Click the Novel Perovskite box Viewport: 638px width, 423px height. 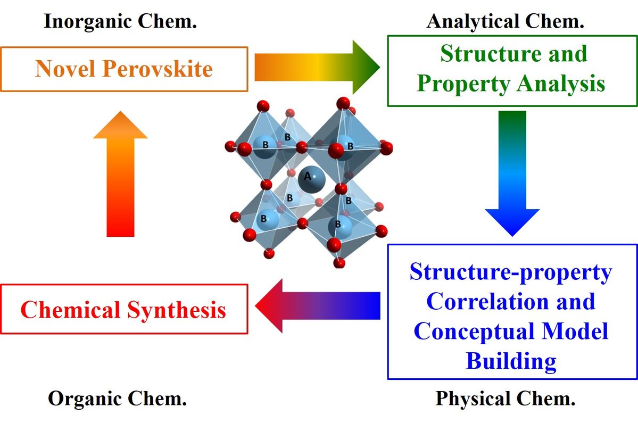[124, 69]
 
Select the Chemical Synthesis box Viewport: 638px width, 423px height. [124, 309]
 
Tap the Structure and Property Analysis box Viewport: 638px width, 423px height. [511, 70]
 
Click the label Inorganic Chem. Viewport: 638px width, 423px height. [121, 21]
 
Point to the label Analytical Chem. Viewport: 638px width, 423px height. [506, 21]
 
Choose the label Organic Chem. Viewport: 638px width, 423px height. [118, 399]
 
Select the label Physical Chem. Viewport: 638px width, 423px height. [506, 399]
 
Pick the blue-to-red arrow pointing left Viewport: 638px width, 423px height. [318, 306]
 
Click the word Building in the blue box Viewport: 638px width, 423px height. [511, 361]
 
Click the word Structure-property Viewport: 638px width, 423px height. [511, 272]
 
